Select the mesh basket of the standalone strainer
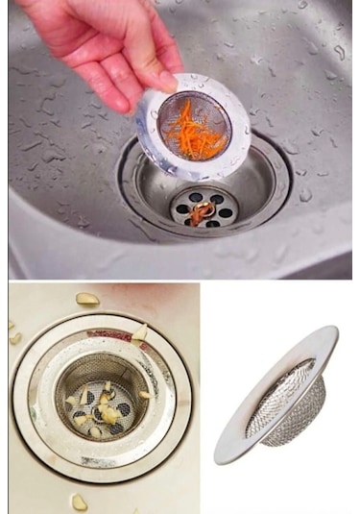tap(289, 404)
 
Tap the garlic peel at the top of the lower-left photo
tap(87, 300)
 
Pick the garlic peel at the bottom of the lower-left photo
tap(79, 502)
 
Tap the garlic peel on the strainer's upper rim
tap(140, 332)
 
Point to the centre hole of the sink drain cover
tap(204, 205)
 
